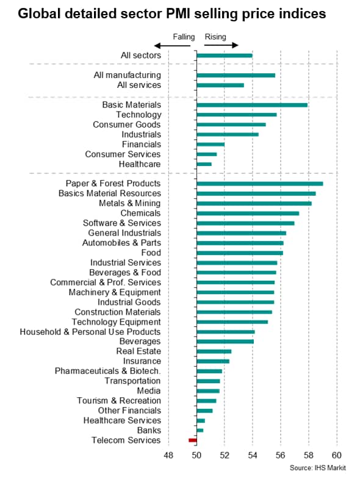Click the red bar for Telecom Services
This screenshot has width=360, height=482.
click(x=193, y=440)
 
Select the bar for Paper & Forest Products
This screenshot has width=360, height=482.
click(x=260, y=184)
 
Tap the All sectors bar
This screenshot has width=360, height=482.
click(x=225, y=56)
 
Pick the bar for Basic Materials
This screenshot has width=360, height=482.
click(x=252, y=105)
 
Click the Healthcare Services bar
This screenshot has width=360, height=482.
click(x=201, y=420)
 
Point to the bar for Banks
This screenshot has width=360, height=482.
click(x=200, y=430)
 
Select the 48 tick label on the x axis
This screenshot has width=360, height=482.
click(x=168, y=455)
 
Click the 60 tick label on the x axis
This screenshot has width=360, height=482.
click(x=337, y=455)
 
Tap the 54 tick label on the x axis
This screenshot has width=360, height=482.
click(x=253, y=455)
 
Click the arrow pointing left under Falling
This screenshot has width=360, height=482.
click(x=172, y=46)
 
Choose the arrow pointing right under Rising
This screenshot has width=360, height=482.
click(x=221, y=45)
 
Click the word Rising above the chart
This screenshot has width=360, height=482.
click(x=215, y=37)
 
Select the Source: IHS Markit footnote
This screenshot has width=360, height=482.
click(x=317, y=468)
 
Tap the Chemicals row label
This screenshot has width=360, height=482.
click(x=140, y=213)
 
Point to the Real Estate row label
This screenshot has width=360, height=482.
click(x=139, y=351)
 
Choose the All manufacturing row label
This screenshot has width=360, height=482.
click(x=128, y=75)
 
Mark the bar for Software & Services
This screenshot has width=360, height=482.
click(x=246, y=223)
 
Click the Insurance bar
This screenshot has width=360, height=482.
click(x=213, y=361)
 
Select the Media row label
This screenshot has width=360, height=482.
click(x=149, y=390)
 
